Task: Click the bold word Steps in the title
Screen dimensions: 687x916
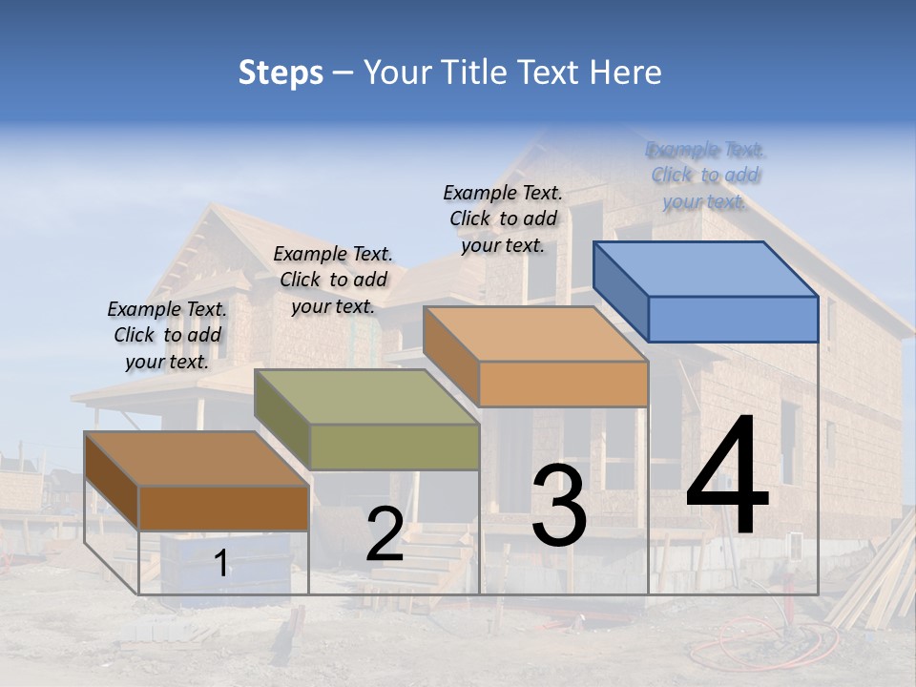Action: pos(281,73)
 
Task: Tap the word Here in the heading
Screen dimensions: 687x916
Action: pos(624,73)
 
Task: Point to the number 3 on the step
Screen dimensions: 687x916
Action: pos(559,506)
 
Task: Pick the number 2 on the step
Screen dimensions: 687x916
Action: pos(385,534)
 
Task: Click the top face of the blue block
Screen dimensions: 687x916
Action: pos(706,268)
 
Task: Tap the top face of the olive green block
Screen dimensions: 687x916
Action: pos(366,396)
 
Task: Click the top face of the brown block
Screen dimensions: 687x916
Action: pos(197,459)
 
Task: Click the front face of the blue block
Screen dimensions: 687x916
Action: pos(733,319)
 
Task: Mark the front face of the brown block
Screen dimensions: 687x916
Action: pos(223,508)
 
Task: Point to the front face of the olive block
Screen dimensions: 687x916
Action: pos(394,447)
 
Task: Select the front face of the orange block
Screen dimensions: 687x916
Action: pos(563,384)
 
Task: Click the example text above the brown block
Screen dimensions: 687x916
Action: pos(167,335)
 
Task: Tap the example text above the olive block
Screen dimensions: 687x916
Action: pos(333,280)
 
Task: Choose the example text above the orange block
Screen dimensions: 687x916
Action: pos(503,219)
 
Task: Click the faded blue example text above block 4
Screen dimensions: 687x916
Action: pos(705,176)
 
